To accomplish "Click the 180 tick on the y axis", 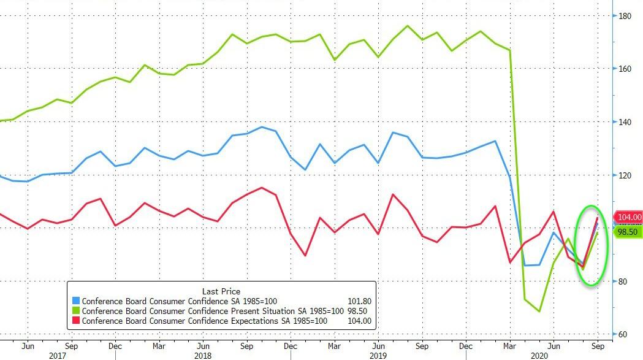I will point(625,15).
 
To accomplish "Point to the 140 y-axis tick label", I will point(625,122).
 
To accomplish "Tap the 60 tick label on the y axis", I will point(623,334).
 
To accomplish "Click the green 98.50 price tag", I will point(626,232).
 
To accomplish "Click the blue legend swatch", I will point(76,301).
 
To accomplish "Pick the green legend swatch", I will point(76,311).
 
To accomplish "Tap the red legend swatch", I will point(76,321).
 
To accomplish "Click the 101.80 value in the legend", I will point(359,301).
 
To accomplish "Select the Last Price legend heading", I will point(221,291).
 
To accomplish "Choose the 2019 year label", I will point(379,355).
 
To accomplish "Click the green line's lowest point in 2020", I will point(539,312).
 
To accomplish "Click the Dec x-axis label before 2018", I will point(115,345).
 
